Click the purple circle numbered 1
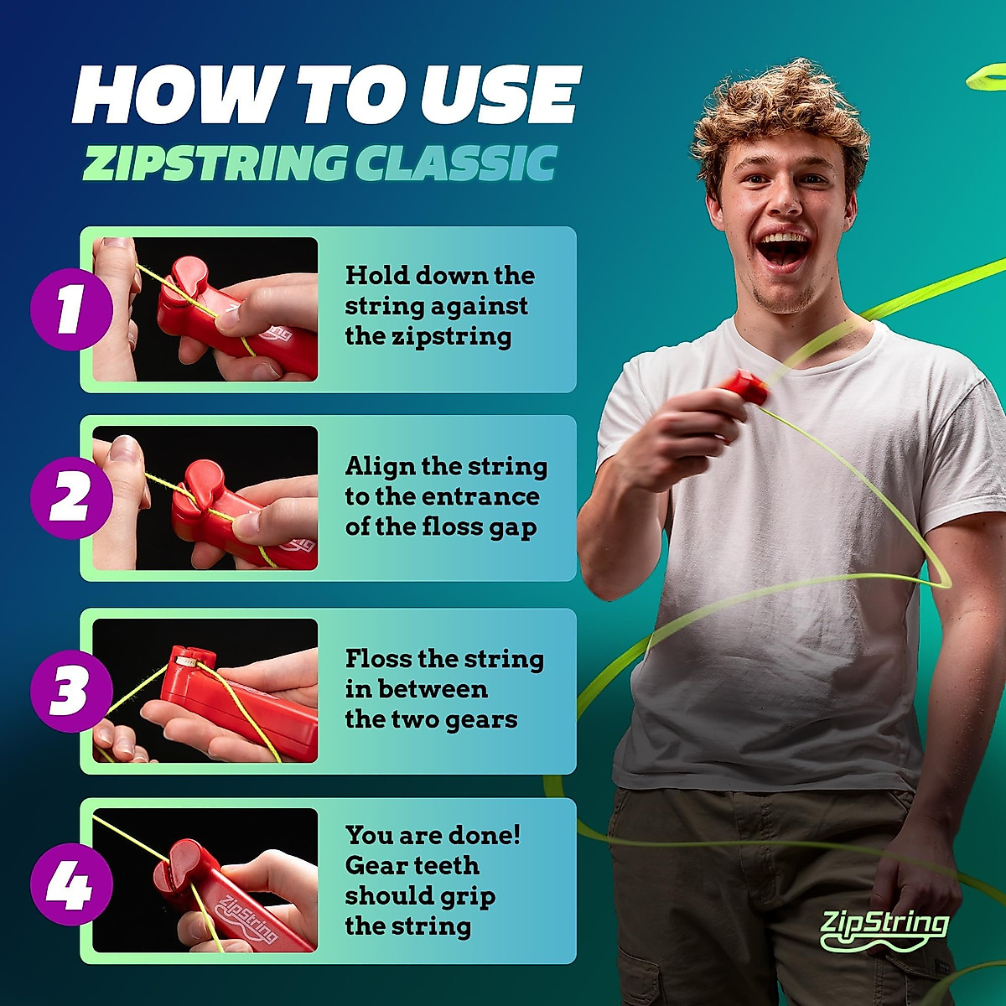(71, 309)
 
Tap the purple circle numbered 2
(71, 499)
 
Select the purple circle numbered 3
(71, 691)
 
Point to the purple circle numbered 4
(71, 884)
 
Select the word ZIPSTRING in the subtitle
(215, 163)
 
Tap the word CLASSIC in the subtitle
(456, 163)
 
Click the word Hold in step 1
(377, 276)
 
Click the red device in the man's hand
(742, 388)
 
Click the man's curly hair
(780, 109)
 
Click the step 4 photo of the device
(205, 880)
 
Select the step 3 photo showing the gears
(205, 691)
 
